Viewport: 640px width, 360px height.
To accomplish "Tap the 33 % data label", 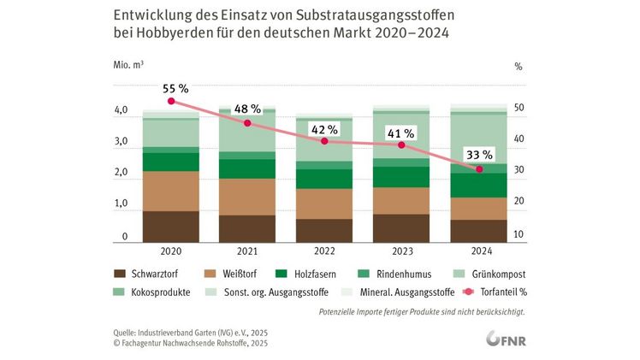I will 479,155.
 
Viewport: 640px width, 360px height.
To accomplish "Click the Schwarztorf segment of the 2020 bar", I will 170,227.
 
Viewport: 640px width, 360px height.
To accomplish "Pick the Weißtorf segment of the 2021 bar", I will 247,197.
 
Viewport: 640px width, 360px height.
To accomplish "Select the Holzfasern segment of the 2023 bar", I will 402,176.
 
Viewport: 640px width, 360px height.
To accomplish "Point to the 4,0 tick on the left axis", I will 121,111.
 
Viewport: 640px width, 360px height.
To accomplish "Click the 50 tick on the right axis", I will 519,109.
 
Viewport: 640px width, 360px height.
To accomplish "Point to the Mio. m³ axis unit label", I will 128,65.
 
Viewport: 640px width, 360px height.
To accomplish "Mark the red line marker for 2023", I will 402,145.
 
